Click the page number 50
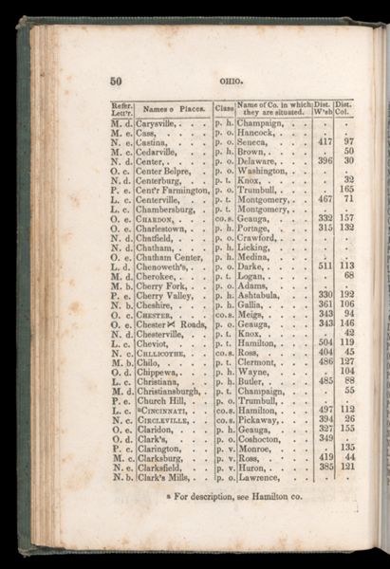point(118,82)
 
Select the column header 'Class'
point(224,109)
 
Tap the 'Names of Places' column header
point(174,109)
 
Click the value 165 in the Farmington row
point(347,190)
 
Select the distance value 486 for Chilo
point(325,361)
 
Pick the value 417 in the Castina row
point(325,140)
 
